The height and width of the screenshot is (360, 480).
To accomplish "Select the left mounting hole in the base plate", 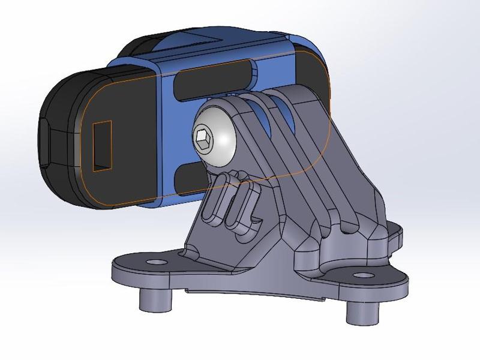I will click(x=157, y=263).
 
